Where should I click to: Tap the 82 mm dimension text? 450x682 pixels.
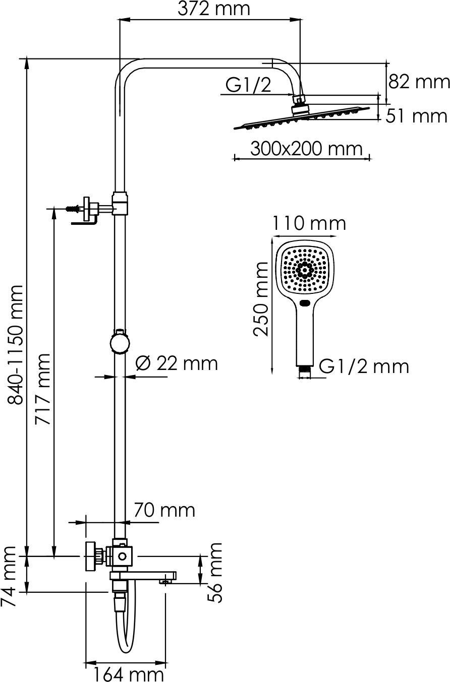pos(418,81)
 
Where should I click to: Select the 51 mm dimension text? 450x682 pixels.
pos(417,116)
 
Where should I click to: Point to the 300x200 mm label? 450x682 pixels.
pos(306,149)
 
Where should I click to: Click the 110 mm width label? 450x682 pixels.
pos(309,223)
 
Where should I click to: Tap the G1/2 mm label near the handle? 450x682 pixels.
pos(364,366)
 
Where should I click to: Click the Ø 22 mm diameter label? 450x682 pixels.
pos(177,363)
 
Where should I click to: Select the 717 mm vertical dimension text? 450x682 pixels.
pos(43,389)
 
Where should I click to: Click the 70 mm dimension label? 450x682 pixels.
pos(164,510)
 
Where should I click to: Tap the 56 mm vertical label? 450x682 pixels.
pos(215,573)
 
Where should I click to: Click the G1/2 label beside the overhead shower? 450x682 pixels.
pos(248,86)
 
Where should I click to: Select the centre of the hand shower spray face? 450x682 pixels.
pos(305,269)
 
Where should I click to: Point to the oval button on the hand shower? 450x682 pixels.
pos(305,303)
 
